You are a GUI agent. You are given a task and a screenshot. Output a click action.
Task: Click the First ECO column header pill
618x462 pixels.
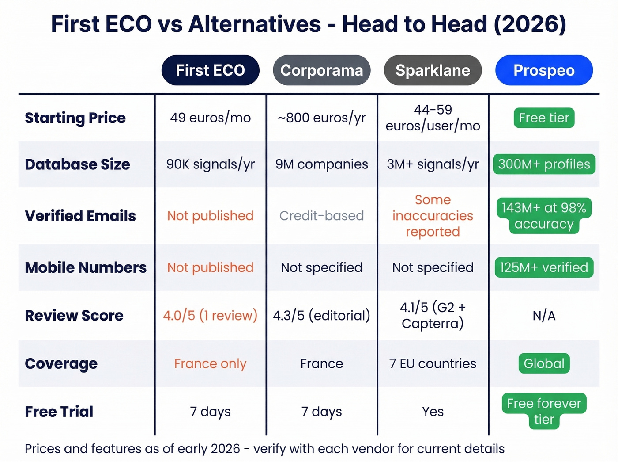pos(210,70)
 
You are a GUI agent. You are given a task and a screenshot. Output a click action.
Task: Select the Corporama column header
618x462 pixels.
pos(321,70)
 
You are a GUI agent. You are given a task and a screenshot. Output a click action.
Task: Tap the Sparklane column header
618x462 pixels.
pos(433,70)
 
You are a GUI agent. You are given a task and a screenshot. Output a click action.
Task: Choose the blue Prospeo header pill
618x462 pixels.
pos(544,70)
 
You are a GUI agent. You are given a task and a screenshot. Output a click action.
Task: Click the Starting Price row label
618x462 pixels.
pos(75,118)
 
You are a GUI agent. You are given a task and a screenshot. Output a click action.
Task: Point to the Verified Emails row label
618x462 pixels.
pos(80,216)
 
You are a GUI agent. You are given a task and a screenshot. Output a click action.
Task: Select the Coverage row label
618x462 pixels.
pos(61,363)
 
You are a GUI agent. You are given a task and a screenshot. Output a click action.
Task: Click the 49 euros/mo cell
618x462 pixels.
pos(210,118)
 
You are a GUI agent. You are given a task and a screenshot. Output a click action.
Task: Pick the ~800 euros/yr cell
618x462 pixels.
pos(321,118)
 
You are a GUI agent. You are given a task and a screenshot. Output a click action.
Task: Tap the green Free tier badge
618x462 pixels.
pos(544,118)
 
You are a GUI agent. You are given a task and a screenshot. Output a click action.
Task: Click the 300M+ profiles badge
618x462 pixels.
pos(544,164)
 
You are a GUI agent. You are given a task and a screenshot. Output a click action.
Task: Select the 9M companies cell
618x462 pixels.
pos(321,164)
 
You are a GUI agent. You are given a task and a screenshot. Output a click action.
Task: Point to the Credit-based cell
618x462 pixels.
pos(321,216)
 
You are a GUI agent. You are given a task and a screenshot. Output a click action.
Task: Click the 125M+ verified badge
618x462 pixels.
pos(544,267)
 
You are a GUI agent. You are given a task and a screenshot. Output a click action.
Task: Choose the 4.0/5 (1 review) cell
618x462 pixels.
pos(210,316)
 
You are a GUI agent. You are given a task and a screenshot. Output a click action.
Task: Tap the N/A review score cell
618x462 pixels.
pos(544,316)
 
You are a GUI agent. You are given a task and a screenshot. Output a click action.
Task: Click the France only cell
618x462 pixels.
pos(210,363)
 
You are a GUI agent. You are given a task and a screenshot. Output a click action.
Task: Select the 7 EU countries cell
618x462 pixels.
pos(433,363)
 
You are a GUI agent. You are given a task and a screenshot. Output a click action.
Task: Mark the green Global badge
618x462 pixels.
pos(544,363)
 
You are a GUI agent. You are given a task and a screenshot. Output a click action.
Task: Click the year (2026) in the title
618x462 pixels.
pos(530,24)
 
